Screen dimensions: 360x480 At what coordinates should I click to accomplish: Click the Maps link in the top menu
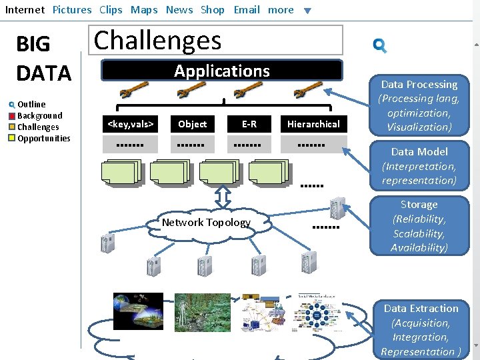144,9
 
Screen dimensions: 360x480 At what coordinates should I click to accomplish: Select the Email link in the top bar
247,9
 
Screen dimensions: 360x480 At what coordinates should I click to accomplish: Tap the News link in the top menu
179,9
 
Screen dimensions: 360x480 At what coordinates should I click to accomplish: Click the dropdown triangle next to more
307,11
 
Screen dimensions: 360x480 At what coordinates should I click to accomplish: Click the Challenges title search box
215,40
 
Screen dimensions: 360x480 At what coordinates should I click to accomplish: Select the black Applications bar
221,71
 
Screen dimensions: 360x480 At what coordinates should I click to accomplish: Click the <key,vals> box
131,124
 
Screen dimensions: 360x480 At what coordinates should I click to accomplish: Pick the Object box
193,124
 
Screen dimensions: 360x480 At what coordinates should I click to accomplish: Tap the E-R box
249,124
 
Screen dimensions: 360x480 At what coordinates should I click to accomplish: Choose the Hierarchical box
313,124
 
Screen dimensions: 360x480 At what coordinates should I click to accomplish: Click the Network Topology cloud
206,223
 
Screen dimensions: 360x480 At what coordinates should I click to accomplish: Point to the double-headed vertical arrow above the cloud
223,197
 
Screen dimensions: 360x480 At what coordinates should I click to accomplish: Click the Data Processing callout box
419,105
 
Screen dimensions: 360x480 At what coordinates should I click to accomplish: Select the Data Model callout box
419,166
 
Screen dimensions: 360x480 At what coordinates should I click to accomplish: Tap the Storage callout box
419,226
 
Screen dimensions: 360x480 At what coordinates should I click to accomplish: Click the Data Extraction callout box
421,330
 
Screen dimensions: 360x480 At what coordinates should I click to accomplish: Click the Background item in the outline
39,115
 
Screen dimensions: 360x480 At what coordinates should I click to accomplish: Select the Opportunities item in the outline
43,138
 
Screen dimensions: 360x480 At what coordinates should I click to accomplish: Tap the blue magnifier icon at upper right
380,45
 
